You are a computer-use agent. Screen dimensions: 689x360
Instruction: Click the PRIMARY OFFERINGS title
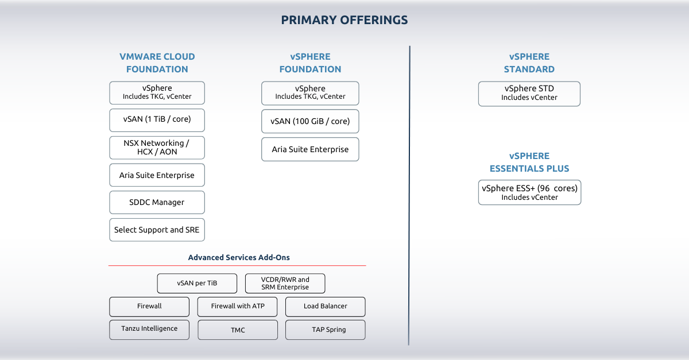[344, 20]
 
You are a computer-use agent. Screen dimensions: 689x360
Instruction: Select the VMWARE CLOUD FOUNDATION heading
[157, 63]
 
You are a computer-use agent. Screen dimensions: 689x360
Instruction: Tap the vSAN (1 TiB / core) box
[157, 120]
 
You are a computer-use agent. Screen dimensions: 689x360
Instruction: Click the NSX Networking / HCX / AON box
[157, 148]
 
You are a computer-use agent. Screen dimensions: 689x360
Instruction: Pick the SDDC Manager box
[157, 203]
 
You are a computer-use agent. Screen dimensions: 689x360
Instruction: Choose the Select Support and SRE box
[157, 230]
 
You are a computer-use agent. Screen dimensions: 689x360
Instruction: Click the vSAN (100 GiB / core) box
[310, 121]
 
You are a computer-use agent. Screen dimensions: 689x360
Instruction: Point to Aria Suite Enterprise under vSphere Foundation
[310, 149]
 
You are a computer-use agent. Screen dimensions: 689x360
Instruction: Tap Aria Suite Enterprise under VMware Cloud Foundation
[157, 175]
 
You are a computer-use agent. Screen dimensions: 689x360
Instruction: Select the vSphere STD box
[529, 94]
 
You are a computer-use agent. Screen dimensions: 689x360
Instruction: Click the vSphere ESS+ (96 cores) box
[529, 192]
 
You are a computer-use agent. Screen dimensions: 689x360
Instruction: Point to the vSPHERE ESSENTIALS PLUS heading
[529, 162]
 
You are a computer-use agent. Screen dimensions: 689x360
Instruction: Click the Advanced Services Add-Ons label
[239, 258]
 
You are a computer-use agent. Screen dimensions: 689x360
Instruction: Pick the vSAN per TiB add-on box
[197, 284]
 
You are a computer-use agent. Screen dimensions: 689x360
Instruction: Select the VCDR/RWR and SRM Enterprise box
[285, 284]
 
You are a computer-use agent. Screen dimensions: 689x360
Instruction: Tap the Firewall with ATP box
[238, 307]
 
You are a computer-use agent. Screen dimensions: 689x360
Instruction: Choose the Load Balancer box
[326, 307]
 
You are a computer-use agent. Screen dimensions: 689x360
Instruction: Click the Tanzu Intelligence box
[149, 330]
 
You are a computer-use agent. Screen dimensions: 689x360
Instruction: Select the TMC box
[238, 330]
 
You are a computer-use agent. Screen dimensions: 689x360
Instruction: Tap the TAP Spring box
[326, 330]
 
